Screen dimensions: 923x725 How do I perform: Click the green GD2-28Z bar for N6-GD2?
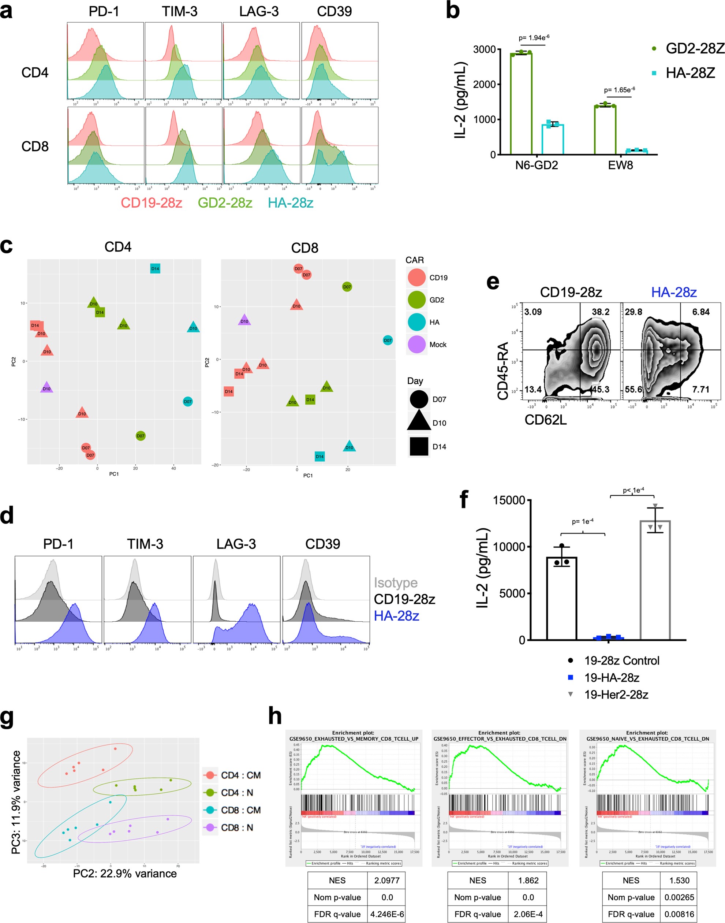tap(521, 104)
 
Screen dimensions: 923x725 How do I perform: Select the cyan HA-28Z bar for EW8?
tap(636, 152)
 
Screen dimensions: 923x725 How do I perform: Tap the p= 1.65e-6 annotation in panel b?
tap(619, 90)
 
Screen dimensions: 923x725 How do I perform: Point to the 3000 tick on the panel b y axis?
tap(484, 50)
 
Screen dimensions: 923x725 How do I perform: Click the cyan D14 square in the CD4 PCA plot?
tap(155, 268)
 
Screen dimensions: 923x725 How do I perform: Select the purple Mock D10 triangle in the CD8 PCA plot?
tap(244, 321)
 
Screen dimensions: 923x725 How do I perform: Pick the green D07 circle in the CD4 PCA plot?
tap(141, 436)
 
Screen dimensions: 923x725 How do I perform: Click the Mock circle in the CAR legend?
tap(416, 344)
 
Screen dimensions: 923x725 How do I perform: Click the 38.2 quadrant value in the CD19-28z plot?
tap(600, 312)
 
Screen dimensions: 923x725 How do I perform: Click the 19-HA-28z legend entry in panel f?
tap(611, 678)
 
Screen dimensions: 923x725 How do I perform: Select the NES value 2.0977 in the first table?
tap(386, 881)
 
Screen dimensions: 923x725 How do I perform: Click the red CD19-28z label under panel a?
tap(152, 203)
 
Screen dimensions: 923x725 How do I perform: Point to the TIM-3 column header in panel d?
tap(145, 544)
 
